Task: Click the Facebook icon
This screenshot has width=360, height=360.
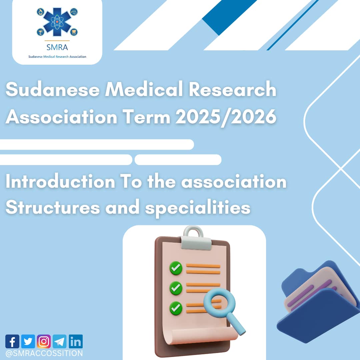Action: point(12,341)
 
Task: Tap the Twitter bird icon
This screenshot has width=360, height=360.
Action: point(28,341)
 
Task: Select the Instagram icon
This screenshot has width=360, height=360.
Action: point(44,341)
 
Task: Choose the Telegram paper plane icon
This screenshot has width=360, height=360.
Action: point(60,341)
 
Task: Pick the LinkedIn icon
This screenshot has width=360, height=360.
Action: point(76,341)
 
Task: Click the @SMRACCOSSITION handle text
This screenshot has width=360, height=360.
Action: point(44,353)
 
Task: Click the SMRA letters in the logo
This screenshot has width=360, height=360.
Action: point(57,47)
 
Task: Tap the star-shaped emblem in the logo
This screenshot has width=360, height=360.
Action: point(57,22)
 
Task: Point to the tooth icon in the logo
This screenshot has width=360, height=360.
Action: point(74,32)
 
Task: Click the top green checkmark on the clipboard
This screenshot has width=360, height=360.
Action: point(176,268)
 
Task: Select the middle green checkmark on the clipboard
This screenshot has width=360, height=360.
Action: point(176,288)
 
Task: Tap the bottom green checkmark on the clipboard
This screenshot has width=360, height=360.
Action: point(176,308)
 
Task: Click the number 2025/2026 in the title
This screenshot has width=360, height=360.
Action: point(226,117)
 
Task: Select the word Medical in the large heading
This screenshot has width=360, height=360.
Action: point(144,89)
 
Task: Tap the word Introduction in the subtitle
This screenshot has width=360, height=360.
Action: point(60,182)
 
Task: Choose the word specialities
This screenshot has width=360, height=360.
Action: point(198,208)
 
